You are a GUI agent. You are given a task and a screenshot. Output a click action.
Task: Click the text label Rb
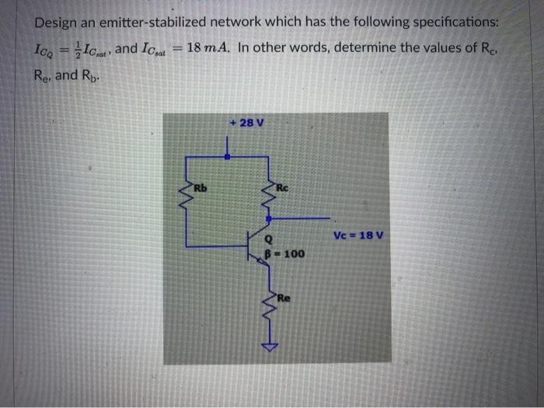tap(201, 187)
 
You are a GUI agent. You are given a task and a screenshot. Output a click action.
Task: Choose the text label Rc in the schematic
tap(283, 187)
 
